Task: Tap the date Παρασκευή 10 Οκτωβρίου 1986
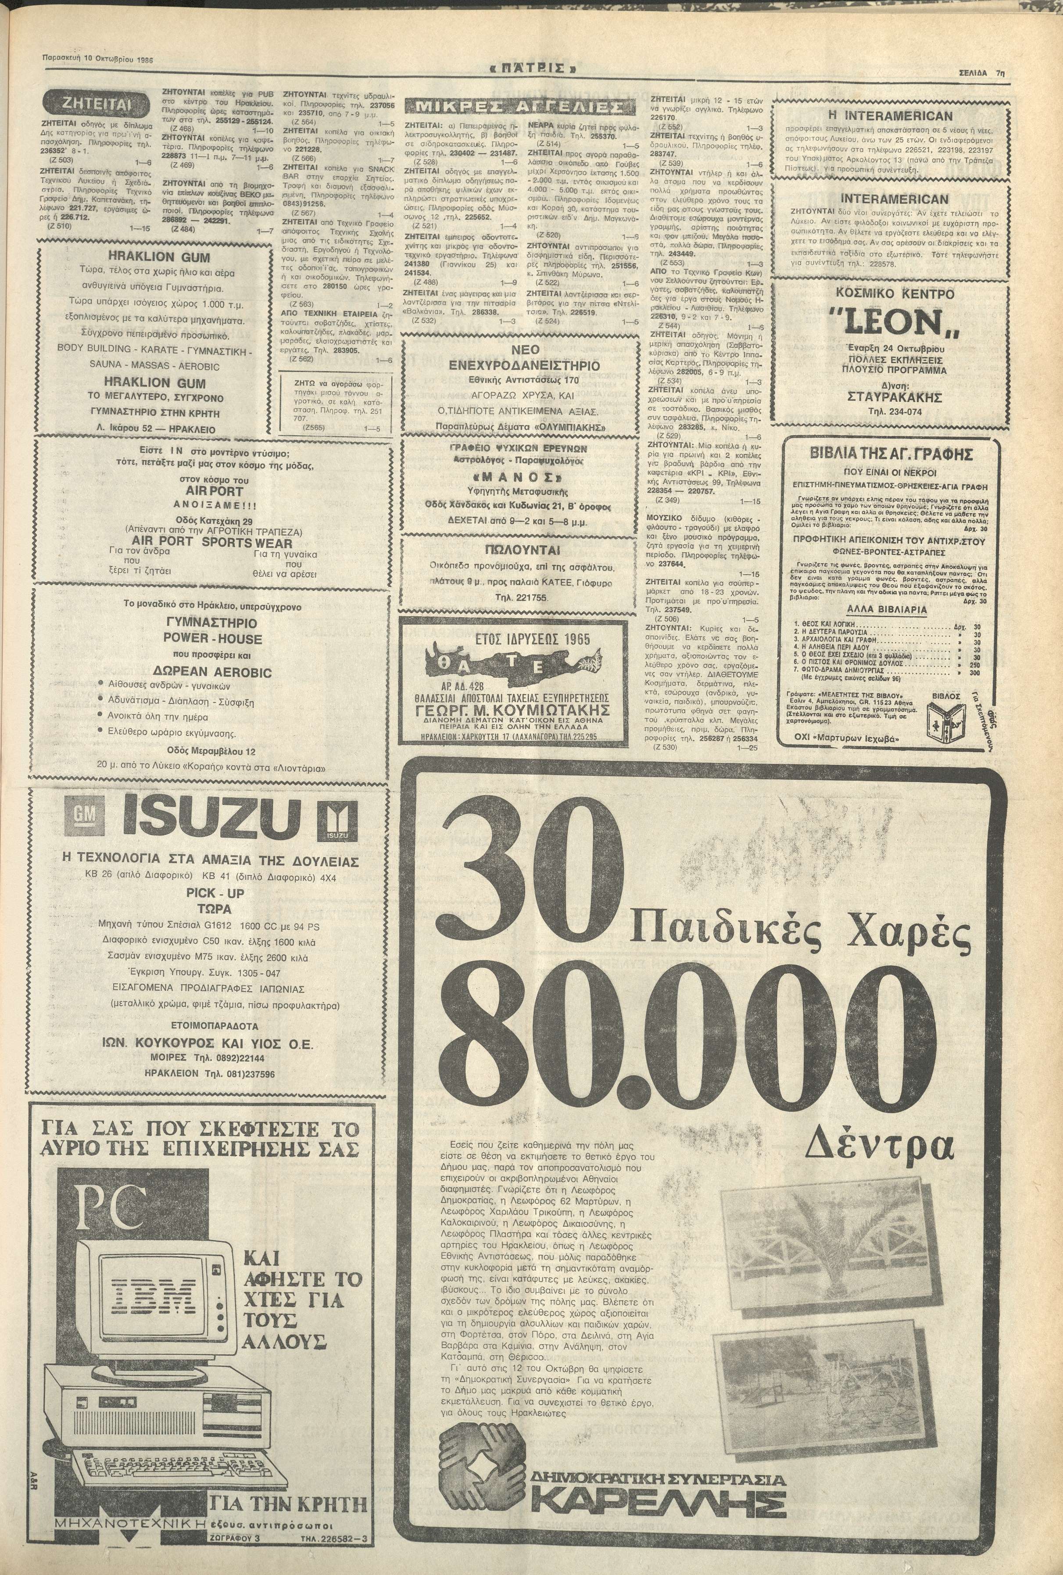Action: tap(97, 59)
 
